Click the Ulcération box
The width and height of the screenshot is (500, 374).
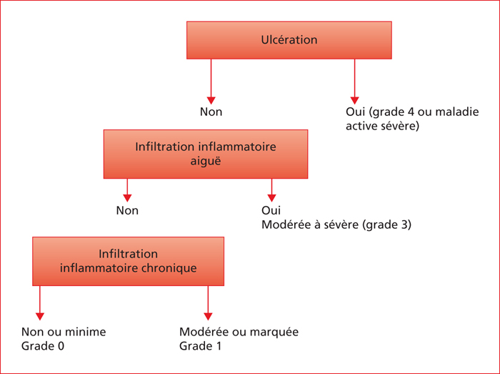(x=289, y=40)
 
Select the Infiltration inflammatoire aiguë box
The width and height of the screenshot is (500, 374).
(x=206, y=154)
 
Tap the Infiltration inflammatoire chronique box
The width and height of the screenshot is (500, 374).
(x=128, y=261)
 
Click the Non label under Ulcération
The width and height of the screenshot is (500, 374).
(x=211, y=112)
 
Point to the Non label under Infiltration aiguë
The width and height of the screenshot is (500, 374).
(x=127, y=211)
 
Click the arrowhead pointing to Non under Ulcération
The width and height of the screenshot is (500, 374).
(x=211, y=100)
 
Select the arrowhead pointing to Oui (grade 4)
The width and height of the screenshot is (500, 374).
(x=354, y=100)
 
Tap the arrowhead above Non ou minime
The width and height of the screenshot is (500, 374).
(x=40, y=316)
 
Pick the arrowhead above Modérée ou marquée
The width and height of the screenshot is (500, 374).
(x=208, y=316)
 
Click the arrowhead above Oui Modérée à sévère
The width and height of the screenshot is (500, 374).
(x=271, y=198)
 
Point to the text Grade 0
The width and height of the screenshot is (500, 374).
(x=43, y=346)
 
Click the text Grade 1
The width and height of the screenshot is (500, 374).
(x=200, y=346)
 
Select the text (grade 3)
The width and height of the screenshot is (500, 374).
(x=386, y=225)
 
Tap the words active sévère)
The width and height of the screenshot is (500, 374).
(x=382, y=126)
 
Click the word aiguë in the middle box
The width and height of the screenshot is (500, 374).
(x=206, y=161)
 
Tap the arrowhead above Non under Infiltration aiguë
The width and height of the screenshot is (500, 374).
(x=127, y=198)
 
